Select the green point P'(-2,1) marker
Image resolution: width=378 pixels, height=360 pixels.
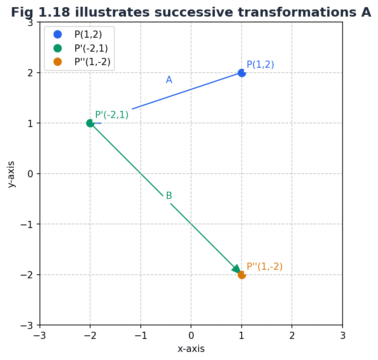click(x=90, y=123)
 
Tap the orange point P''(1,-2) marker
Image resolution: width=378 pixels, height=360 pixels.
click(x=242, y=275)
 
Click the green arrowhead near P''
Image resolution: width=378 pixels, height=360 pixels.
click(x=236, y=269)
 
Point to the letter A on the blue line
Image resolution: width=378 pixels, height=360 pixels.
click(x=169, y=80)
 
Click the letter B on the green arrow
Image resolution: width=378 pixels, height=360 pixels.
click(x=169, y=196)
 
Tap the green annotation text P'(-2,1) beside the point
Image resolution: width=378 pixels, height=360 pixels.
click(x=112, y=115)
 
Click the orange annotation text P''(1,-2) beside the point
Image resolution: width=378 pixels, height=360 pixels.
click(x=265, y=267)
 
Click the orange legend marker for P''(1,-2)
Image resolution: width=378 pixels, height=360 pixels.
click(x=57, y=62)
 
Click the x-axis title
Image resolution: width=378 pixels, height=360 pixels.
click(x=191, y=349)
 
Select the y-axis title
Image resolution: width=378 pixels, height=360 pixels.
click(x=11, y=174)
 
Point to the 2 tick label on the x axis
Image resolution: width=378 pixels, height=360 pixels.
click(x=292, y=336)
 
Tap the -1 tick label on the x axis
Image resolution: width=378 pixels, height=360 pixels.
click(x=141, y=336)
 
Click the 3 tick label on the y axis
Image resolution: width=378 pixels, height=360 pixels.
click(x=31, y=22)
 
